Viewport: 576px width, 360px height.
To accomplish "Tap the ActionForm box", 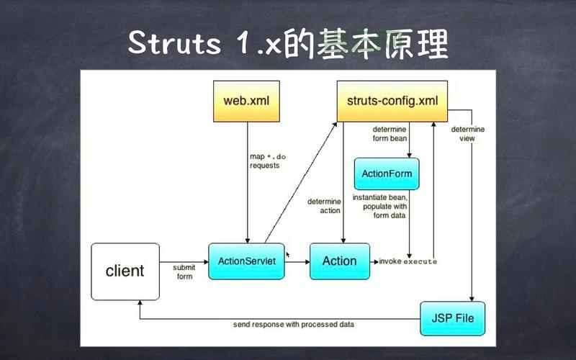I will coord(386,174).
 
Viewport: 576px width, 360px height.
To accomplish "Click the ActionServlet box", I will coord(246,261).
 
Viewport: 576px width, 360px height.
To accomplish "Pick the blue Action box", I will coord(339,261).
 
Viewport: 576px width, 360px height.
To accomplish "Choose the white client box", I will coord(125,271).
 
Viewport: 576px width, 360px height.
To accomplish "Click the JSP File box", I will coord(452,318).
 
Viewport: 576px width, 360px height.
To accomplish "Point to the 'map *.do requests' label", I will coord(265,161).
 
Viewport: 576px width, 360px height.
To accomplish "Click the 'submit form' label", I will coord(184,271).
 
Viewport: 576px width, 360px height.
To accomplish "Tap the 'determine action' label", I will coord(324,206).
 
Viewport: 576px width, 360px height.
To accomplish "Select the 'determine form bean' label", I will coord(389,134).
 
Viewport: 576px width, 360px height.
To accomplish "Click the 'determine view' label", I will coord(468,134).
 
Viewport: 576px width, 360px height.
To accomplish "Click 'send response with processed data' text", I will coord(293,325).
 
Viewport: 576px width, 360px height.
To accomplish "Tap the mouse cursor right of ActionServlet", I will coord(288,254).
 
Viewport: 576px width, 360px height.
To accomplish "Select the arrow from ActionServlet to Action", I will coord(297,262).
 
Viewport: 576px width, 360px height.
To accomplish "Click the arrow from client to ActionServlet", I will coord(184,261).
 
